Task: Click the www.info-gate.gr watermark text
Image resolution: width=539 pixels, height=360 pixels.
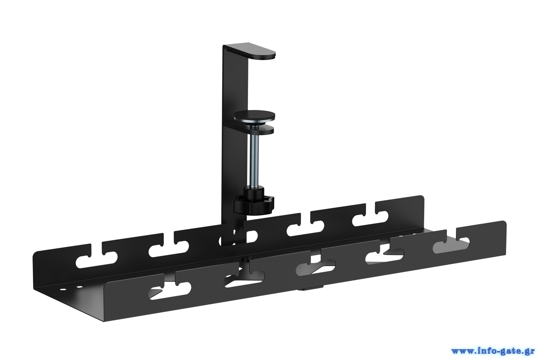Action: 493,351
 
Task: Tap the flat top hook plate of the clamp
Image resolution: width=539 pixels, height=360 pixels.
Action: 251,51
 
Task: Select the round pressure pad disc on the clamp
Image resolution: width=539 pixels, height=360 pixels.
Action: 255,116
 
